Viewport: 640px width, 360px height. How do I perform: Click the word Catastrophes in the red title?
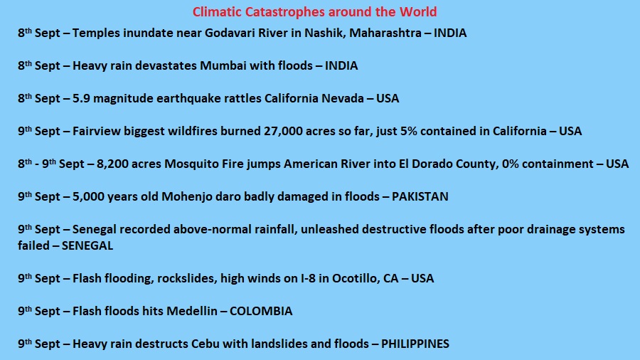(285, 12)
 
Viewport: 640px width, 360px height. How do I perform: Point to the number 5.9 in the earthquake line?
(81, 98)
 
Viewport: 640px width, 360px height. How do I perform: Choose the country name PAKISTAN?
(420, 197)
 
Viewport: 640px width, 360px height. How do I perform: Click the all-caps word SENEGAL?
(87, 245)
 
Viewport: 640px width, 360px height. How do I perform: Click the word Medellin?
(192, 311)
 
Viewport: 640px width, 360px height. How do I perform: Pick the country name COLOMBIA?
(261, 311)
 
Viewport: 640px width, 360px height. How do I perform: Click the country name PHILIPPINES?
(415, 344)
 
